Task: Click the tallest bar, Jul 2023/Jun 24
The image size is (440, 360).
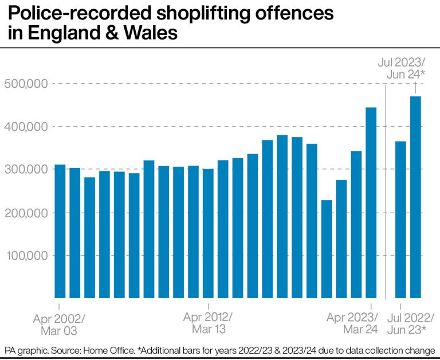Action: click(416, 197)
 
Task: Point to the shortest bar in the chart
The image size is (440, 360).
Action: click(327, 249)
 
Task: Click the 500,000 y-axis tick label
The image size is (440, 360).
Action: click(26, 84)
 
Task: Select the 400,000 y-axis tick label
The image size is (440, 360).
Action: click(26, 127)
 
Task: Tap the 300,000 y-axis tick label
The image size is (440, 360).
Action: click(26, 170)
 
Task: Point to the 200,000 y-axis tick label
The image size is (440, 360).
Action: click(26, 213)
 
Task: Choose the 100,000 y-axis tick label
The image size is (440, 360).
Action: click(26, 256)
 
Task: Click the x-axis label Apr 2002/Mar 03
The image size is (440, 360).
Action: click(58, 324)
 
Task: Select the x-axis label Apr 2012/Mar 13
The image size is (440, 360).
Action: click(208, 324)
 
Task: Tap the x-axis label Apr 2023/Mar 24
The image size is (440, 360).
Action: click(352, 324)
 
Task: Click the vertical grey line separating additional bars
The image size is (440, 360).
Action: click(386, 189)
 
